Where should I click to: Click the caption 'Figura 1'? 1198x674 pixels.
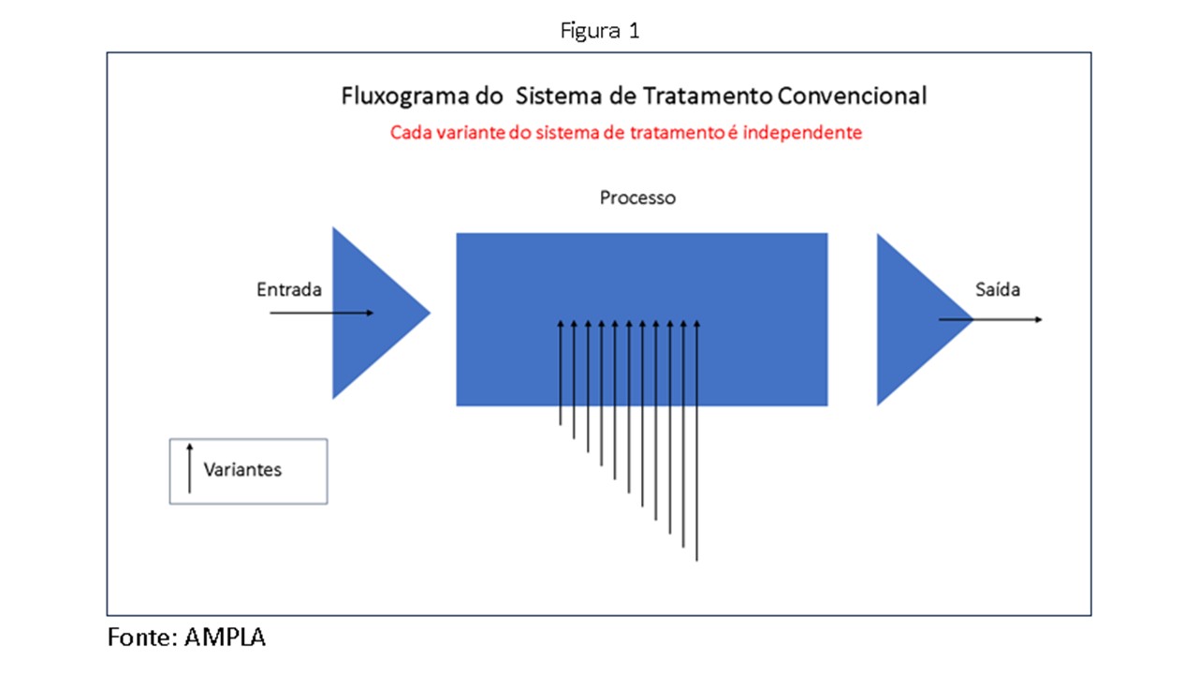[600, 31]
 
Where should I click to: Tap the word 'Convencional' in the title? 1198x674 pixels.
[852, 96]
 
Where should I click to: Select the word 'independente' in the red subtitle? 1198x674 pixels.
[802, 133]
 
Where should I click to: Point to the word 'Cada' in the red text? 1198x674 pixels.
[411, 133]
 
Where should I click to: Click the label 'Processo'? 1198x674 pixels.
[637, 198]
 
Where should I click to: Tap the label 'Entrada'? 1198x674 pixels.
[289, 289]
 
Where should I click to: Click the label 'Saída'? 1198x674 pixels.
[998, 289]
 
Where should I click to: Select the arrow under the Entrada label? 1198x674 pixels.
[321, 313]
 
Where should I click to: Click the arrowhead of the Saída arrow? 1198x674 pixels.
[1039, 320]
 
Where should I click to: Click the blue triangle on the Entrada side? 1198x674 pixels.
[374, 313]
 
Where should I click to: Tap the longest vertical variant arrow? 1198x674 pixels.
[697, 441]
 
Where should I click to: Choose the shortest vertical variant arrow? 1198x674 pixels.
[561, 373]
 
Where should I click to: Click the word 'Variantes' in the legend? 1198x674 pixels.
[242, 470]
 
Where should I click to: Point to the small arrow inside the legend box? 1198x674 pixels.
[189, 468]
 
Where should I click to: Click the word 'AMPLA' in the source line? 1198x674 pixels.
[225, 637]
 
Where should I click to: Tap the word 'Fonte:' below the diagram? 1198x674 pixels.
[142, 637]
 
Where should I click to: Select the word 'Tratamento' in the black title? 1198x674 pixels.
[708, 96]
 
